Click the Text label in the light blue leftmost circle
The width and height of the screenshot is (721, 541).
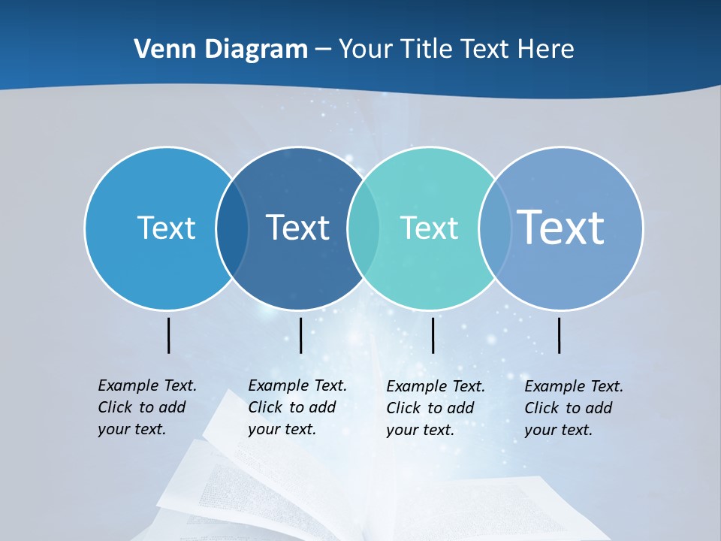[x=166, y=228]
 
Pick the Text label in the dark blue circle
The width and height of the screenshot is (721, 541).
[x=298, y=228]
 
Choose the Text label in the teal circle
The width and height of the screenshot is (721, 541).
[x=429, y=228]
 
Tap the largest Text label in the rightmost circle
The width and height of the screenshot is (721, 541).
[x=561, y=227]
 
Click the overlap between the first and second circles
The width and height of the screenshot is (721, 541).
[x=232, y=228]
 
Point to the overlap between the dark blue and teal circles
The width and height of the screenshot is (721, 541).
[x=364, y=228]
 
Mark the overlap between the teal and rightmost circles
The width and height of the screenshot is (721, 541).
[x=495, y=228]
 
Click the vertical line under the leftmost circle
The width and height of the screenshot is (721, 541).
[x=169, y=335]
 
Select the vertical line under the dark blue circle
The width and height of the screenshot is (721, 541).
[x=300, y=335]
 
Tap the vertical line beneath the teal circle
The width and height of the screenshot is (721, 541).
[x=433, y=335]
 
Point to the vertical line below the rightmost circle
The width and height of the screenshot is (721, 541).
[x=560, y=335]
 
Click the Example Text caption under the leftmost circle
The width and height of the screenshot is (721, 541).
[x=147, y=407]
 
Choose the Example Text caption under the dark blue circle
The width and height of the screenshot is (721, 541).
[x=297, y=407]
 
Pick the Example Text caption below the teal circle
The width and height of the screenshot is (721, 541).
[x=436, y=408]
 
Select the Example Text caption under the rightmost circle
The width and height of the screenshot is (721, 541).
[x=574, y=408]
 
